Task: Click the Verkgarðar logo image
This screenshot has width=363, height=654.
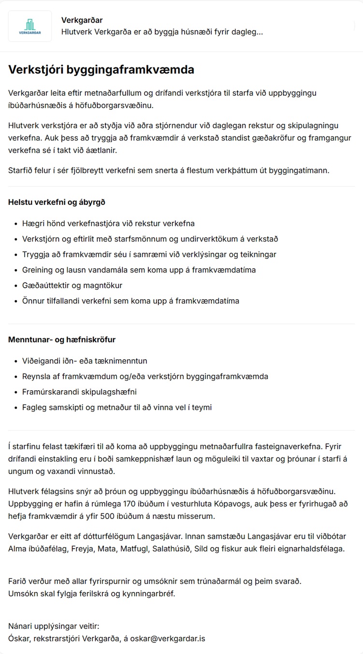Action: (x=30, y=26)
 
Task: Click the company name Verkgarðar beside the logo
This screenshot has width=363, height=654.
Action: (x=82, y=20)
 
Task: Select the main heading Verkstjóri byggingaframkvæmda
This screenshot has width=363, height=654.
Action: (x=101, y=70)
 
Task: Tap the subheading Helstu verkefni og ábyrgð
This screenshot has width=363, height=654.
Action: (x=57, y=202)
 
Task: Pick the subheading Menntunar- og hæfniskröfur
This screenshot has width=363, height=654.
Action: (x=62, y=339)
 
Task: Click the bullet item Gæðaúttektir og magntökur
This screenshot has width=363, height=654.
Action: (x=72, y=285)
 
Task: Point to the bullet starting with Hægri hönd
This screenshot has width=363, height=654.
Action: (x=108, y=223)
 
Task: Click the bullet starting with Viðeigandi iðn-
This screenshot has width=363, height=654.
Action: (x=85, y=361)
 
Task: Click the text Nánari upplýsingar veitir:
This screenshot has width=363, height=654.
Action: (x=54, y=626)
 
